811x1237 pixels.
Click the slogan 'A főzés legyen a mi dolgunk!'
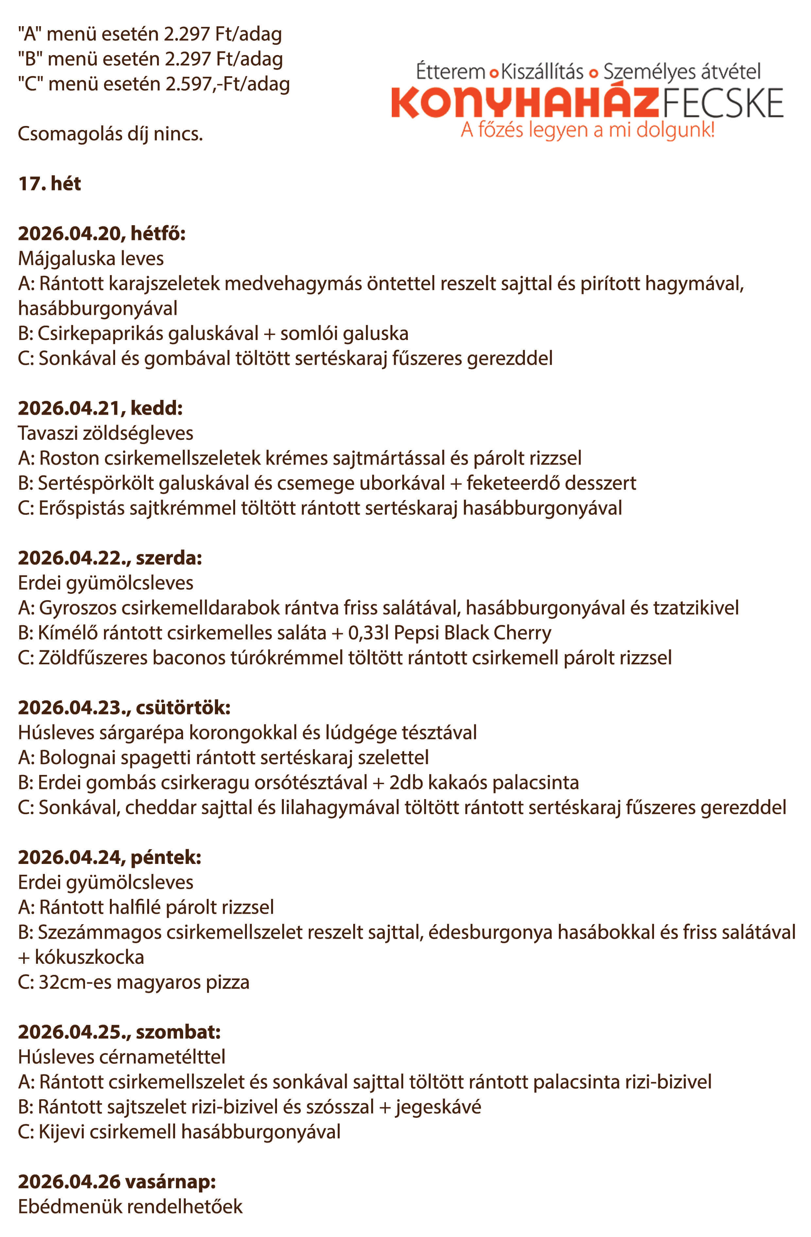pyautogui.click(x=587, y=129)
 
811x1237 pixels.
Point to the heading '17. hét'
pyautogui.click(x=49, y=184)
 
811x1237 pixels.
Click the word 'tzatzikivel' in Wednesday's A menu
pyautogui.click(x=696, y=608)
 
